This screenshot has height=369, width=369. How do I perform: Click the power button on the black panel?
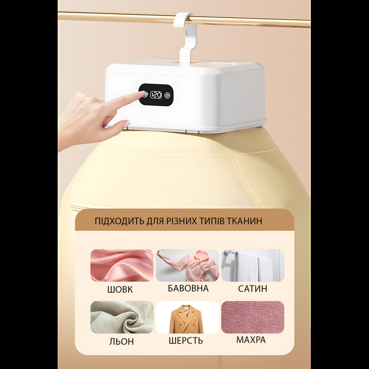click(167, 95)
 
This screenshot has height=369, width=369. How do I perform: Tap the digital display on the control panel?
click(156, 95)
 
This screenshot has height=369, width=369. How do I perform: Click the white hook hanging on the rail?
click(186, 38)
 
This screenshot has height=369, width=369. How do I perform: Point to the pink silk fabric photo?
click(122, 265)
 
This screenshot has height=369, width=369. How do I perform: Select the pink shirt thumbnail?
click(187, 265)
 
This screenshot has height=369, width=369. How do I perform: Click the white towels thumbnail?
click(253, 265)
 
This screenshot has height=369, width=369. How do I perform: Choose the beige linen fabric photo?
click(122, 317)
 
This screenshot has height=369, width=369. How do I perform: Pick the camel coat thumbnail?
click(187, 317)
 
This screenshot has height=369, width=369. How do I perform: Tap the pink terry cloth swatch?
click(253, 317)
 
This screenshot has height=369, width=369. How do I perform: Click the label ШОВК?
click(120, 290)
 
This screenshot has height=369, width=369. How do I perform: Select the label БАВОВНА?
click(188, 288)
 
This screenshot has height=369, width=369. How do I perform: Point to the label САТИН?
click(252, 289)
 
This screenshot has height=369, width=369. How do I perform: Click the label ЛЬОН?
click(121, 341)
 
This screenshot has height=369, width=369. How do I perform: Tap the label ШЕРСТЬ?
click(186, 340)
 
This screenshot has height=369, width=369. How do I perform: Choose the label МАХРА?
click(251, 340)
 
